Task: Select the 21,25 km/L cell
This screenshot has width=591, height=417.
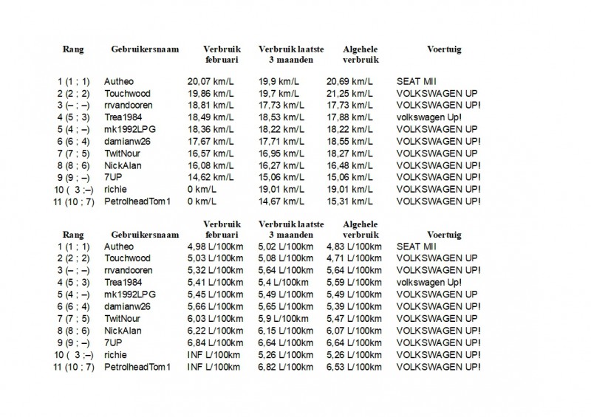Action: pyautogui.click(x=349, y=93)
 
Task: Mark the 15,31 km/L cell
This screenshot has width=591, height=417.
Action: pyautogui.click(x=349, y=201)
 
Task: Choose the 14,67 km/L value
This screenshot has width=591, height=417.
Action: pyautogui.click(x=279, y=201)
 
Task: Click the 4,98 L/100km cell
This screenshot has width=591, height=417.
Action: pyautogui.click(x=214, y=247)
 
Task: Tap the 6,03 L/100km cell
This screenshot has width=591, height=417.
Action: pyautogui.click(x=214, y=318)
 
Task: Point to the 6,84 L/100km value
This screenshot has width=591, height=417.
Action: pyautogui.click(x=214, y=342)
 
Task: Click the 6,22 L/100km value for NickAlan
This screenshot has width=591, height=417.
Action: pyautogui.click(x=214, y=330)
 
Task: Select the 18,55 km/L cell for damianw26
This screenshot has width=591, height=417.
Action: pyautogui.click(x=349, y=141)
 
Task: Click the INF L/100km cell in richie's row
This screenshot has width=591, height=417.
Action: pyautogui.click(x=214, y=354)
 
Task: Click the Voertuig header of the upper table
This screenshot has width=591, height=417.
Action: pyautogui.click(x=444, y=49)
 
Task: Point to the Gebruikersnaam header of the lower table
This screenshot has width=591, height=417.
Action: pyautogui.click(x=145, y=235)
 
